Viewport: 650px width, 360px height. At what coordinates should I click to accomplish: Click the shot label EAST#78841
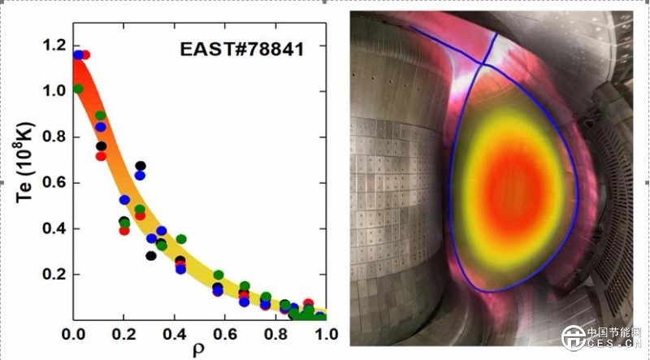(241, 50)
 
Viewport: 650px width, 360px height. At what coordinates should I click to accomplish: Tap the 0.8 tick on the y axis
(54, 137)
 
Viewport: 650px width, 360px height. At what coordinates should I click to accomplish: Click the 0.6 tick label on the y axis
(54, 184)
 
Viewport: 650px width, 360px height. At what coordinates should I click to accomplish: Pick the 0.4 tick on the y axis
(54, 229)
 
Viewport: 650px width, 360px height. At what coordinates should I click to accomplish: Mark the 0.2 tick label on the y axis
(54, 275)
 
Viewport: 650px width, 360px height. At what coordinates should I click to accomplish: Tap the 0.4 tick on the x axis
(175, 334)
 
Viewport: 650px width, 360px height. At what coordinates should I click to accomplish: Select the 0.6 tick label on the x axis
(225, 334)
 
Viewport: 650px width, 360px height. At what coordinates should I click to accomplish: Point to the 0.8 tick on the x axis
(276, 334)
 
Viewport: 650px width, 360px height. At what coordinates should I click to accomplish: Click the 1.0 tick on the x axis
(327, 334)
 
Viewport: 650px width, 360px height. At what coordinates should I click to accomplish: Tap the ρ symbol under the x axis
(200, 351)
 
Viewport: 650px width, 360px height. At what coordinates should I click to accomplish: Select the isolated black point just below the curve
(151, 256)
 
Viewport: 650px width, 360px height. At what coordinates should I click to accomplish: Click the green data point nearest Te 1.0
(78, 89)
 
